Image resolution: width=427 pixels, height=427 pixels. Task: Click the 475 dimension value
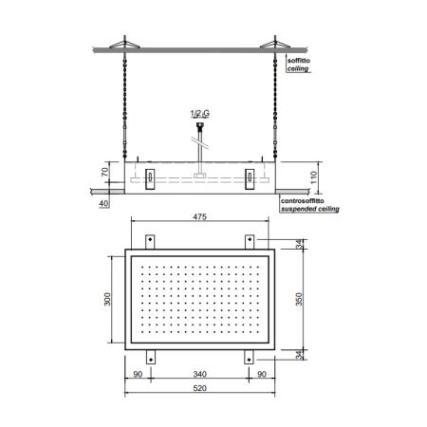[199, 216]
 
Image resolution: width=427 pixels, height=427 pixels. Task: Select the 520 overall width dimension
[199, 388]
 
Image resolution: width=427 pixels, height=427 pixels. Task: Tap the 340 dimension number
[199, 374]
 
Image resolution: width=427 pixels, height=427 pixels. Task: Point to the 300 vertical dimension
[107, 299]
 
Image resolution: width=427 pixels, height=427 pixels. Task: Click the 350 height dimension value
[299, 299]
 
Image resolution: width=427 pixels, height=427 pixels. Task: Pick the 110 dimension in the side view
[313, 177]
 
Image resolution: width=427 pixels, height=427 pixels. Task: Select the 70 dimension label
[104, 172]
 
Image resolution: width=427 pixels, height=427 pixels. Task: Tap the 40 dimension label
[103, 203]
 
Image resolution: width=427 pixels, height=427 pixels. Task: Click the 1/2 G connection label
[200, 113]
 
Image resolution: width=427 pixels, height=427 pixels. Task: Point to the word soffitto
[299, 61]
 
